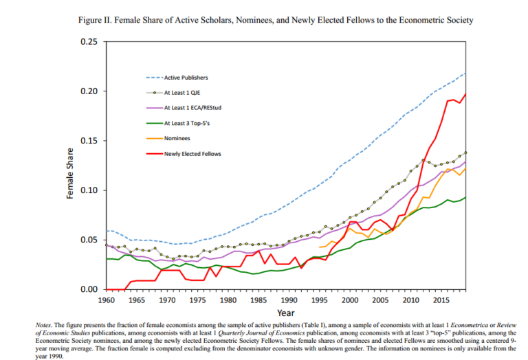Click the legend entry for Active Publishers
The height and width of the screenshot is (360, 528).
click(x=186, y=78)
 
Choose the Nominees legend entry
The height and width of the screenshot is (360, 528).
click(x=177, y=138)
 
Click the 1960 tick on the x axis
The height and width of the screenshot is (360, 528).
click(x=107, y=300)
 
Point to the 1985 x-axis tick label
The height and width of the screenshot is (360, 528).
click(x=258, y=300)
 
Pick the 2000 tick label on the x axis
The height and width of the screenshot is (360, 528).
click(x=349, y=300)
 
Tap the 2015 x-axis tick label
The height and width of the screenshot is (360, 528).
click(x=440, y=300)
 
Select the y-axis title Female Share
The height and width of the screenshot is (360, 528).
click(x=70, y=173)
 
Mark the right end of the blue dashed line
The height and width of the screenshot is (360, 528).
click(x=465, y=74)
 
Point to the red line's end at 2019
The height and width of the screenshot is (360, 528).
click(x=465, y=94)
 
